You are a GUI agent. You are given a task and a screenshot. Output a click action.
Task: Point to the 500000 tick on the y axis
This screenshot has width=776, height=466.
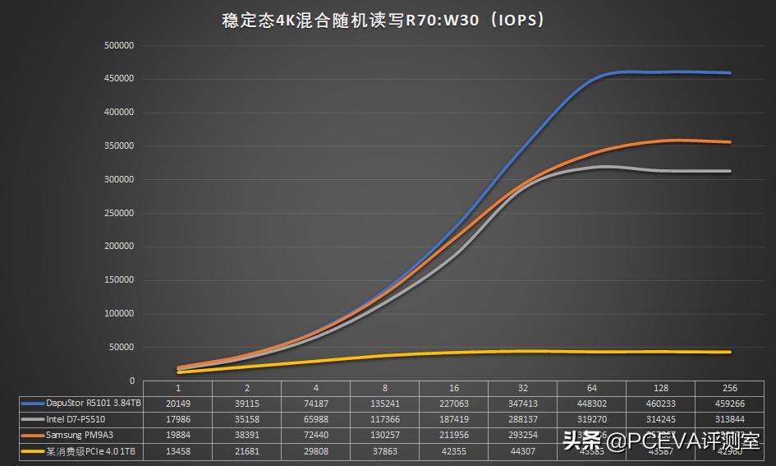tap(120, 45)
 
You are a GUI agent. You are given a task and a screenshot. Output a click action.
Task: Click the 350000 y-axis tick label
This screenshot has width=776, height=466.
tap(120, 146)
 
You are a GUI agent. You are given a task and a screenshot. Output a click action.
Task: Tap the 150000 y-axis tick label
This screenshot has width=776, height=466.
tap(120, 280)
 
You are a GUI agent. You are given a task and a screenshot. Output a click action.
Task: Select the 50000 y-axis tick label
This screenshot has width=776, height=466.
tap(122, 348)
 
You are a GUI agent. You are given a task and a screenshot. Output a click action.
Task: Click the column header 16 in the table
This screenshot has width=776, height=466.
tap(453, 388)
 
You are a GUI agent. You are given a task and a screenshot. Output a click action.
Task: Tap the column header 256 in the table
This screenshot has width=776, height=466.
tap(729, 388)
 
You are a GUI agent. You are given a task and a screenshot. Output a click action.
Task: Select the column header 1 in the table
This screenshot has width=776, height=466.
tap(177, 388)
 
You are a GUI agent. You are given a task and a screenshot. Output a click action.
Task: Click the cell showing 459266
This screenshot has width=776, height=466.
tap(729, 404)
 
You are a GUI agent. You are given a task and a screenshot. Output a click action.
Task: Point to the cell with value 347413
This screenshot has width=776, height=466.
tap(522, 404)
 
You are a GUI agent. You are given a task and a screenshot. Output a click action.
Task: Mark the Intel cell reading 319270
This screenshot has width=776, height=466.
tap(591, 419)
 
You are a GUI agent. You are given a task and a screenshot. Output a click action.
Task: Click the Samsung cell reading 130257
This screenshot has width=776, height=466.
tap(384, 435)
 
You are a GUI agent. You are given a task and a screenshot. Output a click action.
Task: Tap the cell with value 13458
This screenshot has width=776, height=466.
tap(177, 450)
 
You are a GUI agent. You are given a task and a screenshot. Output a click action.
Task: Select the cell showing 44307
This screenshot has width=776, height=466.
tap(522, 450)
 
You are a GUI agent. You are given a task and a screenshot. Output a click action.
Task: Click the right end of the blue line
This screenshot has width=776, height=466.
tap(730, 73)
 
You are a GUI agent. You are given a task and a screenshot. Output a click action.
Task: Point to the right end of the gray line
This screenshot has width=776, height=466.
tap(730, 171)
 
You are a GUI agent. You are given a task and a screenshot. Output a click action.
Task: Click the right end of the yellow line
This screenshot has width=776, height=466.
tap(730, 352)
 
